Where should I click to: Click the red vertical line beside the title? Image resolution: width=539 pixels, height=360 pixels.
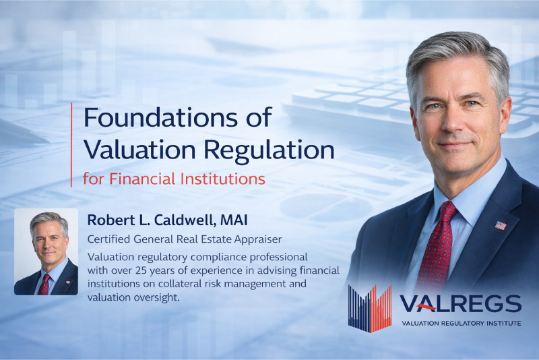point(71,145)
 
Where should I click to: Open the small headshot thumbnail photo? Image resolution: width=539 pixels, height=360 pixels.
point(46,251)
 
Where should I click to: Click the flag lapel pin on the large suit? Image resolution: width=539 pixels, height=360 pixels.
point(500,225)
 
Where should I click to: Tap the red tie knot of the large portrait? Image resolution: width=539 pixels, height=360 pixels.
point(447,212)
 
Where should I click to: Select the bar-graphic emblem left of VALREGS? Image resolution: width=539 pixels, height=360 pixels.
point(370,308)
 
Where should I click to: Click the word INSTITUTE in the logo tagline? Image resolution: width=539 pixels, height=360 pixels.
point(499,324)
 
